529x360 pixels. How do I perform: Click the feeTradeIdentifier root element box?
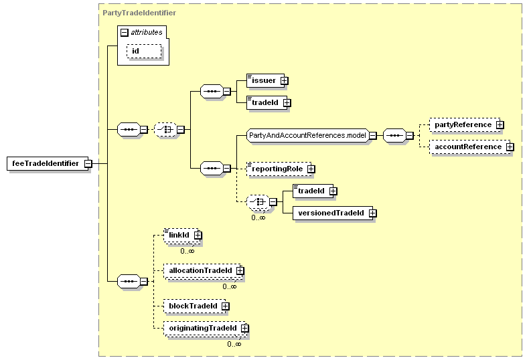[48, 163]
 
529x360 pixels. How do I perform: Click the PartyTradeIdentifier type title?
[139, 13]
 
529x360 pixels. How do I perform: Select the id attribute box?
[144, 52]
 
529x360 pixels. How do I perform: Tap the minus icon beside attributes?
[125, 32]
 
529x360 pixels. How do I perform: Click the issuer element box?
[266, 80]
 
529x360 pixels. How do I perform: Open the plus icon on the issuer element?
[285, 81]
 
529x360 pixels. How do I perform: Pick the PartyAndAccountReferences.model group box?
[307, 136]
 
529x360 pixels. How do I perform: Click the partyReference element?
[465, 124]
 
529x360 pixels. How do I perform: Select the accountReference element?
[470, 147]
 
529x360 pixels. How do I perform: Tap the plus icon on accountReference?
[510, 147]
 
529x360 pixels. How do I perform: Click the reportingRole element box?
[279, 169]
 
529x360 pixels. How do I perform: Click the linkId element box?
[181, 236]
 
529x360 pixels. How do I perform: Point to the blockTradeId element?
[195, 306]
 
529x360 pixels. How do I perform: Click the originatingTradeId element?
[205, 329]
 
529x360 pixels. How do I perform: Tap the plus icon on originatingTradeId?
[245, 328]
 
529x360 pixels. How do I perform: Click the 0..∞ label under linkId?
[187, 251]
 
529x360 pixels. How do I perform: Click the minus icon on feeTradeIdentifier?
[88, 164]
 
